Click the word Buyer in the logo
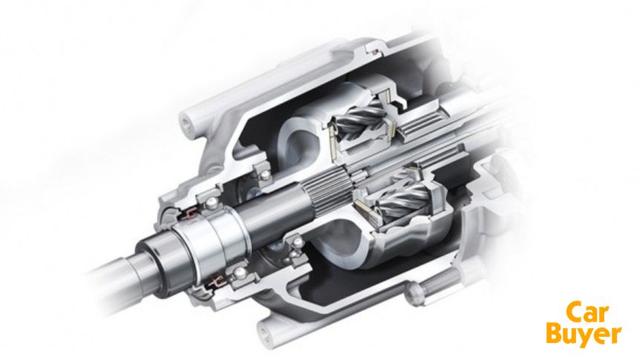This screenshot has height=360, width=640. point(583,335)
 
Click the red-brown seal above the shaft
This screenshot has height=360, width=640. point(191,213)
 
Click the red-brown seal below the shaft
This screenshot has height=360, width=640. point(215,281)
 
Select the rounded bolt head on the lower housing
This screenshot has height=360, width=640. point(414,295)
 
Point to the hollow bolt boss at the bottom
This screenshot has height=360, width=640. point(269,331)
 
